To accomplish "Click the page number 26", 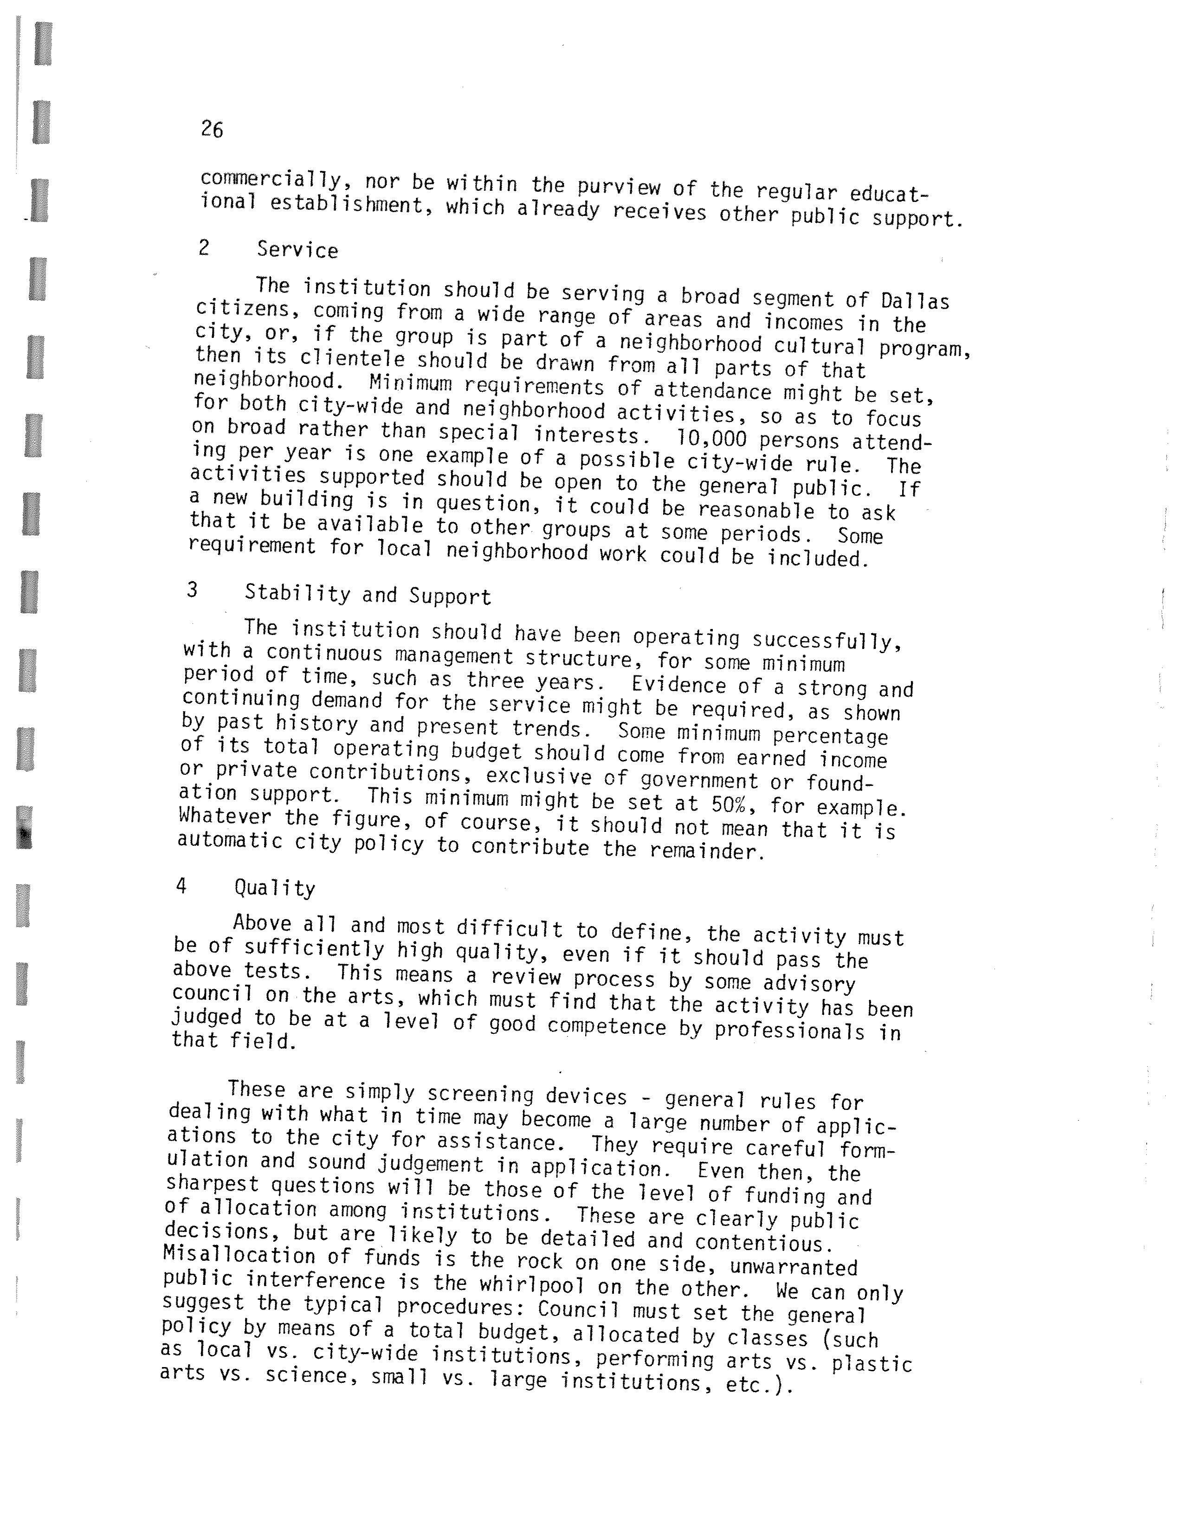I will pyautogui.click(x=212, y=129).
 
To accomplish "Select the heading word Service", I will pyautogui.click(x=297, y=250).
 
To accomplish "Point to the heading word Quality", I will pyautogui.click(x=275, y=888).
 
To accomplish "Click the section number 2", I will pyautogui.click(x=204, y=248).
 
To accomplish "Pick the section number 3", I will pyautogui.click(x=192, y=590).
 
